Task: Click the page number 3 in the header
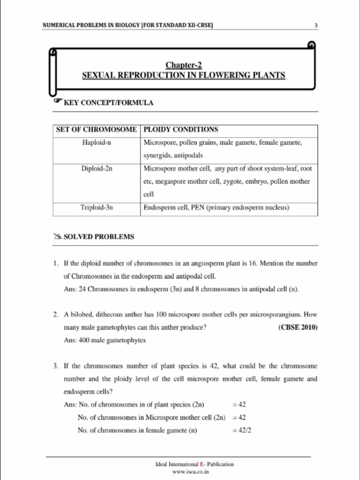(316, 25)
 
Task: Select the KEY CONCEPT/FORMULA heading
(108, 103)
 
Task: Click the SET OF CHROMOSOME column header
(96, 129)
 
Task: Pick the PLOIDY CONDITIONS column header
(180, 129)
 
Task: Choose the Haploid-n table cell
(96, 142)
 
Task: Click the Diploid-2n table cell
(96, 168)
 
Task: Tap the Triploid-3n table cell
(96, 207)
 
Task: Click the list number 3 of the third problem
(55, 366)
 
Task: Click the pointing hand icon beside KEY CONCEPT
(57, 101)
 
